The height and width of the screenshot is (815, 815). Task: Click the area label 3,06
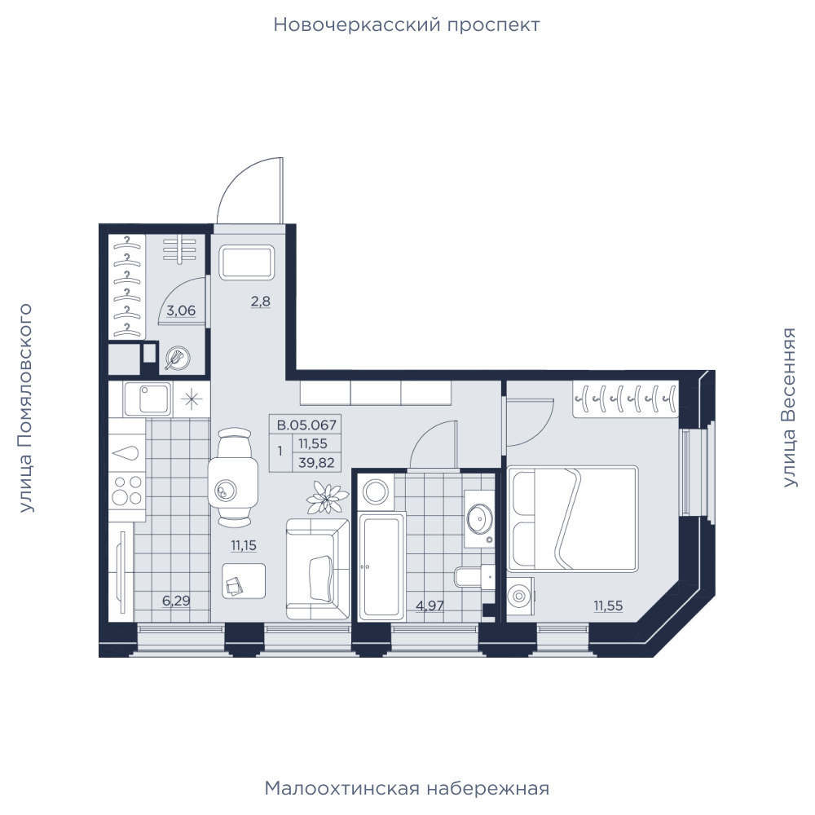(181, 311)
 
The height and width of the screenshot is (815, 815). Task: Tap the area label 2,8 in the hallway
(261, 302)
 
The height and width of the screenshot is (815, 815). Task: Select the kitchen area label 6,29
(176, 601)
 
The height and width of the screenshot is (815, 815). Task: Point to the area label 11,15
(244, 546)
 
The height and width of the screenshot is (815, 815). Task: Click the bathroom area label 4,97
(430, 606)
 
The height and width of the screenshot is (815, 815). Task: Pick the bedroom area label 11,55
(609, 606)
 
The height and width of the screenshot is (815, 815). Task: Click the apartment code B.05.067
(306, 425)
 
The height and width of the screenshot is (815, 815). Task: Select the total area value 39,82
(316, 463)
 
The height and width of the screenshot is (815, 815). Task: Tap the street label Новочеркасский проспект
(407, 25)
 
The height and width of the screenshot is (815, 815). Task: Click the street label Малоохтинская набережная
(407, 789)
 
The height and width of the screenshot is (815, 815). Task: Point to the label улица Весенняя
(789, 407)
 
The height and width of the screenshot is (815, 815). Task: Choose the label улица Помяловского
(25, 408)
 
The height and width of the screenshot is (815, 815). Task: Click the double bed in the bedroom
(573, 518)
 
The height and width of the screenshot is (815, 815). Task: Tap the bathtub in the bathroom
(381, 566)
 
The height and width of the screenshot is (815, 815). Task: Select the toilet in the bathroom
(474, 577)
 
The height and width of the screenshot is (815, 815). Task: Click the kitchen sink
(148, 399)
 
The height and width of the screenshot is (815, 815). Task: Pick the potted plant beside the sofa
(327, 498)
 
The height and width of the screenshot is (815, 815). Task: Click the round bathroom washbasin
(480, 518)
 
